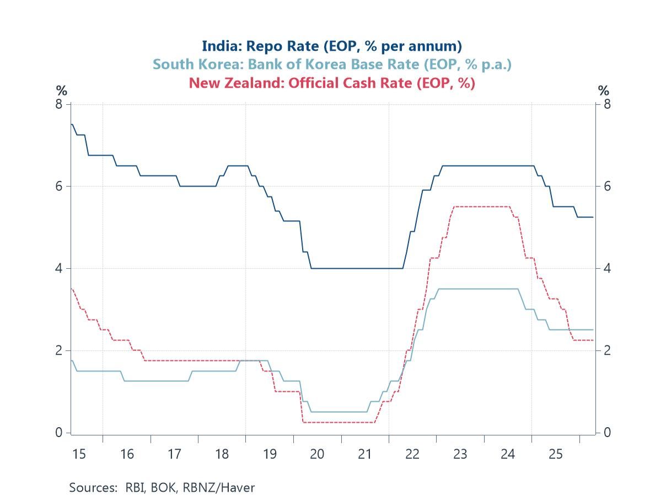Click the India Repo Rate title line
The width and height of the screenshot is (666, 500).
[x=332, y=45]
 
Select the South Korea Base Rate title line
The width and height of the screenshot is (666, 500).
[x=332, y=64]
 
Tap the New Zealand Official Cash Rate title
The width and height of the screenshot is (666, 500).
[x=332, y=83]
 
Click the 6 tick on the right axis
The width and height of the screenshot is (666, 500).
[x=606, y=186]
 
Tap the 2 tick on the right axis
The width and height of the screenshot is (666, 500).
[x=606, y=350]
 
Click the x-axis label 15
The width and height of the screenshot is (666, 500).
[x=79, y=454]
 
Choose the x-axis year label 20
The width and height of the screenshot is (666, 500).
[x=317, y=454]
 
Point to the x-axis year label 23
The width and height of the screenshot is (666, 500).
[x=460, y=454]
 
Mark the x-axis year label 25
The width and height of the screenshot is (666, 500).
[x=555, y=454]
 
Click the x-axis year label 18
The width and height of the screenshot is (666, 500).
[x=222, y=454]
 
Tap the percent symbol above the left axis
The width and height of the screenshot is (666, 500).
[x=61, y=91]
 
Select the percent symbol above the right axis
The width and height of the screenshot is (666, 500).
[x=604, y=91]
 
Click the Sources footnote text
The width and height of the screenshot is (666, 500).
[x=162, y=487]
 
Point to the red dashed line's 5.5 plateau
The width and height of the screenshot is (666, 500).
[x=480, y=206]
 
